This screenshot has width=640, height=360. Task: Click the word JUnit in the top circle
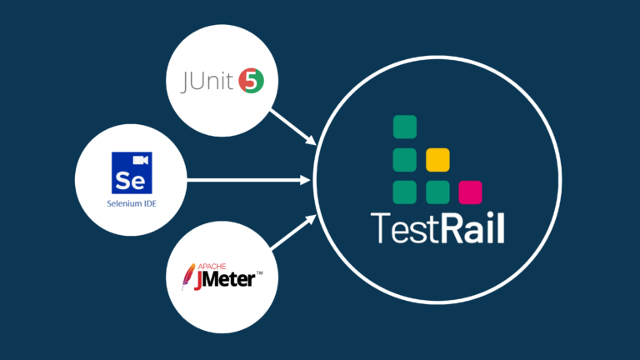[208, 82]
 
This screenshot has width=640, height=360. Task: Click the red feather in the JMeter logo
[188, 277]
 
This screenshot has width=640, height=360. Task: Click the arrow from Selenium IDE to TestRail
[250, 179]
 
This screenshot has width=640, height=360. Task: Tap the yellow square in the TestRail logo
[437, 158]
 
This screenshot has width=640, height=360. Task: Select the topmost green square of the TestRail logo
[405, 126]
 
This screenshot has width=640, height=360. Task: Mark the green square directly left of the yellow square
[405, 158]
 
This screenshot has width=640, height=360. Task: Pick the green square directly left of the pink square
[437, 192]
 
